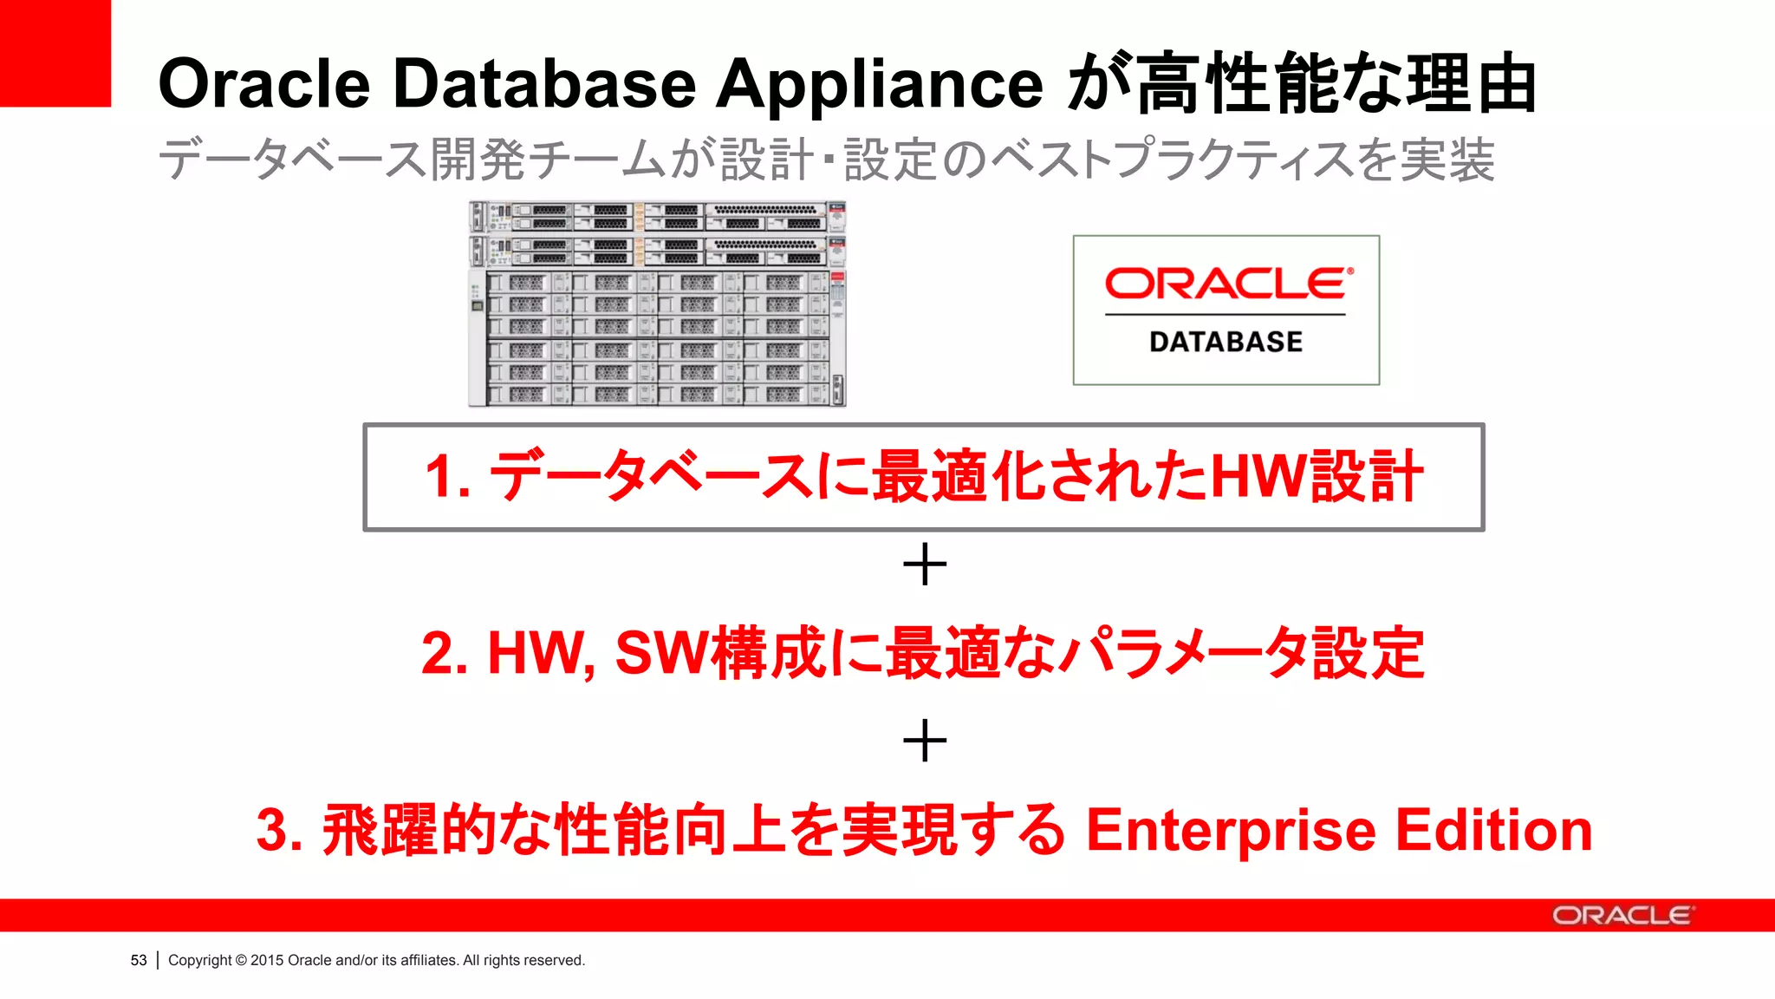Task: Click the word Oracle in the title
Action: click(264, 84)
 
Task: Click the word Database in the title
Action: click(544, 84)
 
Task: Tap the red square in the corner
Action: click(55, 53)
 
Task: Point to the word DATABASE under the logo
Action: click(1226, 343)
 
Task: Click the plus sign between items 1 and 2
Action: click(925, 565)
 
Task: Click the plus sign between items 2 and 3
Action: click(925, 741)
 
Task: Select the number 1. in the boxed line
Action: click(447, 477)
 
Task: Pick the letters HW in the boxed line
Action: click(1258, 477)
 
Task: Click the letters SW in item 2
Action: click(661, 653)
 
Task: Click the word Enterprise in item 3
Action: click(1231, 831)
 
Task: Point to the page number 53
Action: click(139, 960)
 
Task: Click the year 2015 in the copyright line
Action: click(267, 960)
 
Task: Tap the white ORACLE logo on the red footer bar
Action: click(1622, 916)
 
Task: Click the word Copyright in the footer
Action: click(200, 960)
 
